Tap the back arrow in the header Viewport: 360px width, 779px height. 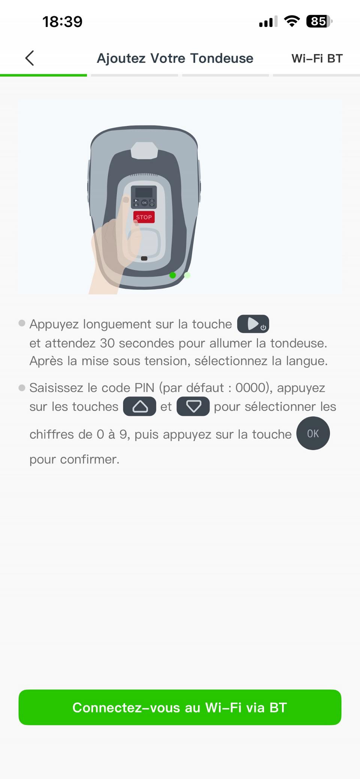click(30, 58)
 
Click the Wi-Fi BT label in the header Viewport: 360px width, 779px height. click(317, 59)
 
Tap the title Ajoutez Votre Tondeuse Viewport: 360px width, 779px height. click(175, 59)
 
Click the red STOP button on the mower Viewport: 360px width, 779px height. click(144, 217)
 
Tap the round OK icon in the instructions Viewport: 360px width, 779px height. click(313, 433)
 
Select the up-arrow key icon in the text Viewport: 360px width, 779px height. click(139, 407)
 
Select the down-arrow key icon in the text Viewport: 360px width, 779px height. click(193, 407)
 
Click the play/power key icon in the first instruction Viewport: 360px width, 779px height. click(253, 324)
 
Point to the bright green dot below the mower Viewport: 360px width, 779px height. click(172, 275)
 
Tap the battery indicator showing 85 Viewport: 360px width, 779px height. click(319, 21)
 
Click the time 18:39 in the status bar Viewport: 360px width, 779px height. click(62, 22)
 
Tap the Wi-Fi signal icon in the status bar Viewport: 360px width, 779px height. click(292, 21)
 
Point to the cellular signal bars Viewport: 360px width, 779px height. click(268, 22)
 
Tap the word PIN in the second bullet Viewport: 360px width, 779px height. click(144, 388)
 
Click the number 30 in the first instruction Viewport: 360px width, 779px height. click(107, 343)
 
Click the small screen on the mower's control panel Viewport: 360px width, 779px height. click(144, 192)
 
